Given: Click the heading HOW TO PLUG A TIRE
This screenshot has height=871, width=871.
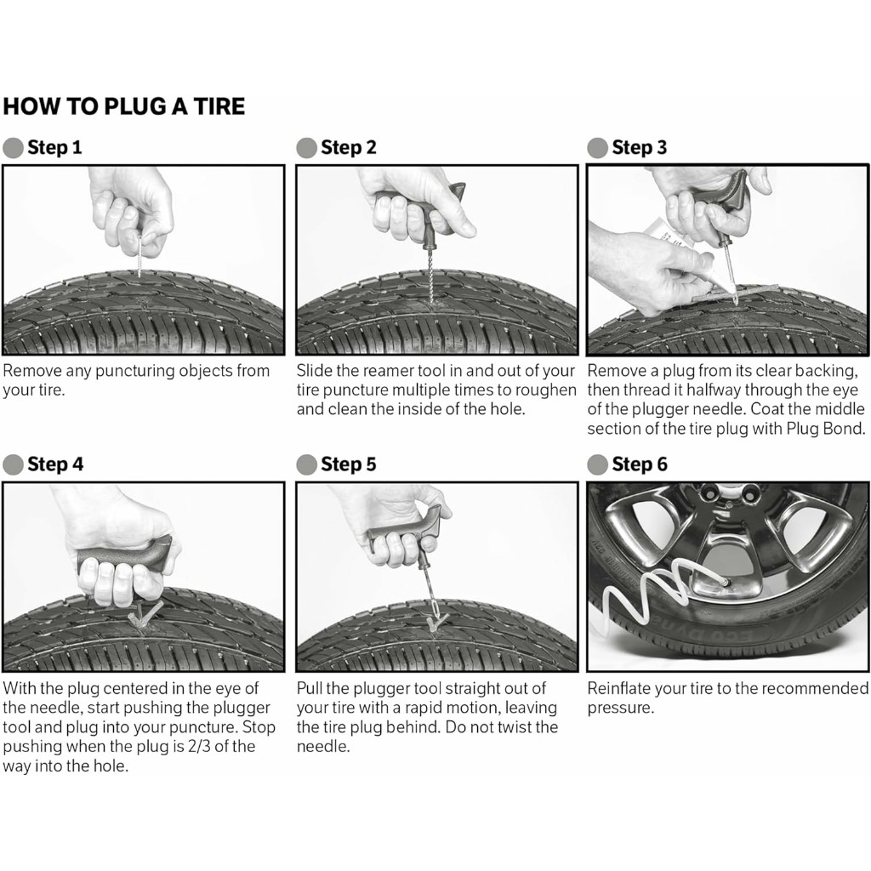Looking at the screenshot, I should pos(124,106).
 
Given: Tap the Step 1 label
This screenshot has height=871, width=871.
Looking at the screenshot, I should pos(54,147).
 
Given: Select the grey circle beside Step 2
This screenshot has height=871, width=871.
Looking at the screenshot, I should pos(306,148).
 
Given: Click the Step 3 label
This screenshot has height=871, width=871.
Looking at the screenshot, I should pos(639,147).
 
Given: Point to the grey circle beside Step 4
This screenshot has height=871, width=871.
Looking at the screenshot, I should pos(13,464).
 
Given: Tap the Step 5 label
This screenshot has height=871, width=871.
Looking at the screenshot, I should pos(348,464).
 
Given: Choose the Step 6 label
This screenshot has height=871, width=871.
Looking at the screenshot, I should pos(639,464).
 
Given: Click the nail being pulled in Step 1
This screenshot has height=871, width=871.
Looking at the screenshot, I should pos(138,254).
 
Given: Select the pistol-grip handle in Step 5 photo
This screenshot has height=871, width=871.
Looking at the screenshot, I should pos(404,532).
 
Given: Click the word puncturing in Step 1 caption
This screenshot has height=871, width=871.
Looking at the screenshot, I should pos(137,371).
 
